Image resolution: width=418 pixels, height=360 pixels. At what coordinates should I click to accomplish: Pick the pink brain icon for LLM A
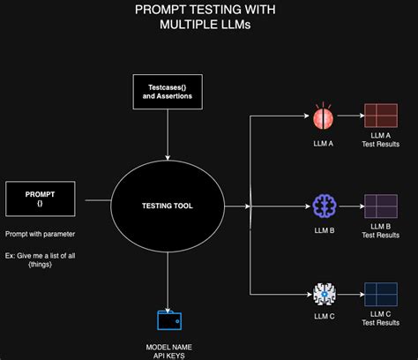click(324, 117)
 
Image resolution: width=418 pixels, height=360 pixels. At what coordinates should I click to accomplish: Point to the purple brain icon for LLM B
click(324, 206)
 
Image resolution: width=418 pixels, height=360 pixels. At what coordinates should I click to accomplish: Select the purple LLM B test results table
click(381, 206)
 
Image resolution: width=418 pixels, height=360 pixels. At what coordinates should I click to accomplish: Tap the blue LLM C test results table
click(381, 294)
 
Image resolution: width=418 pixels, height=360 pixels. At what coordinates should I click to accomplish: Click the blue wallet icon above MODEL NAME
click(168, 320)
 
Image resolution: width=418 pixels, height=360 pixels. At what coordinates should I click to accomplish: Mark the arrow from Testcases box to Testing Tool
click(168, 131)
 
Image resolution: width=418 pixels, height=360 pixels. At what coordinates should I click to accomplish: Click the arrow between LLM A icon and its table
click(351, 116)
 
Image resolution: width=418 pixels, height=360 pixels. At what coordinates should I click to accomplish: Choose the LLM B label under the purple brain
click(324, 229)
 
